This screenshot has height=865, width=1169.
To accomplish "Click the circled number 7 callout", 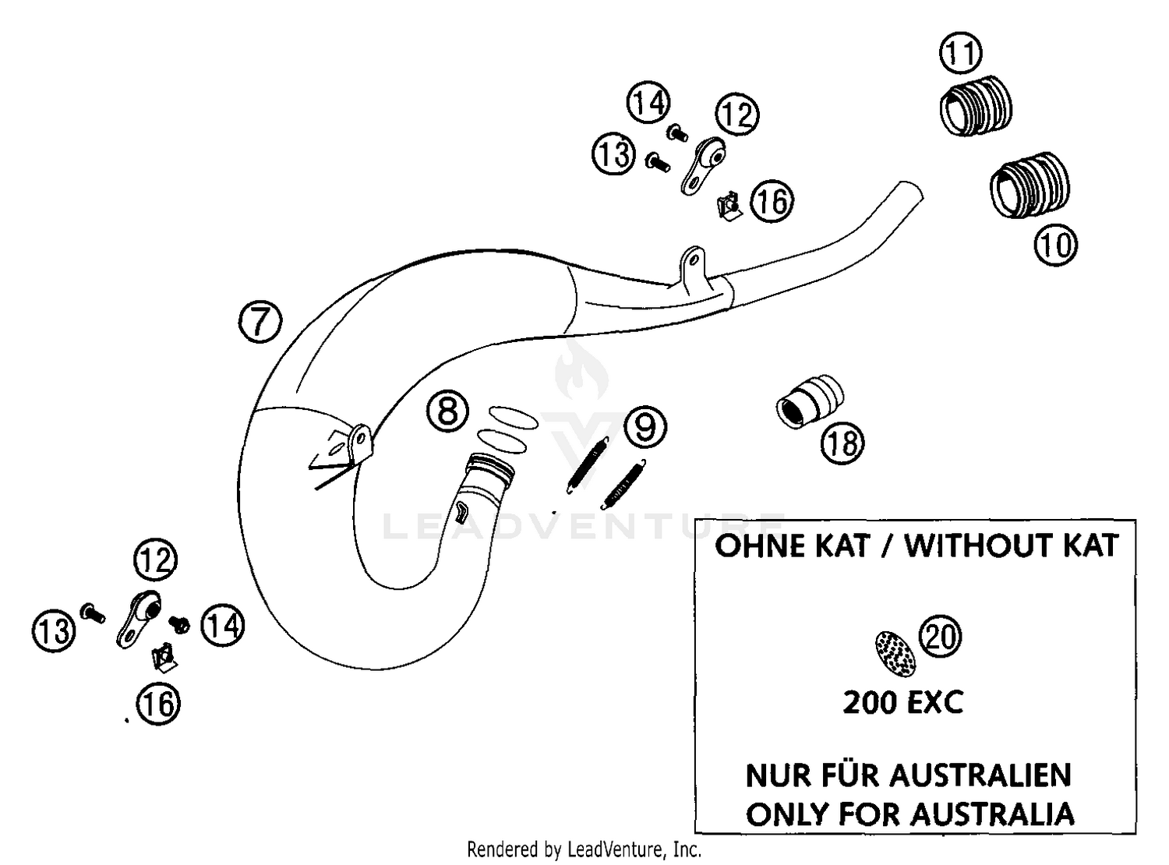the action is click(260, 321).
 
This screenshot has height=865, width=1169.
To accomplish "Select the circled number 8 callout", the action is click(447, 411).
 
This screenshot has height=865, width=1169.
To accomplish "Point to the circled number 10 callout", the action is click(1056, 245).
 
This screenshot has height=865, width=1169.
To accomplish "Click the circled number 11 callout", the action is click(961, 52).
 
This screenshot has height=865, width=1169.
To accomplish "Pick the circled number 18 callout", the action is click(842, 443).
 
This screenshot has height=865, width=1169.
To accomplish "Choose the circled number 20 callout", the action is click(940, 636).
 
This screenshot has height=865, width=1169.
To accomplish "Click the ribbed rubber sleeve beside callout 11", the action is click(976, 105).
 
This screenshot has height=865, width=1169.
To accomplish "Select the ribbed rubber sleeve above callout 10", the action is click(1029, 185).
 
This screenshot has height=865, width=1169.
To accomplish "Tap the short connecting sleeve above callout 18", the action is click(810, 401).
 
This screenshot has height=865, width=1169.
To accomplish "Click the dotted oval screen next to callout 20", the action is click(895, 654).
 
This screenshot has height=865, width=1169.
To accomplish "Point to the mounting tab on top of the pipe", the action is click(692, 269).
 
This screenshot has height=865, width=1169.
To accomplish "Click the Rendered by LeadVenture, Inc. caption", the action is click(584, 849).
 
